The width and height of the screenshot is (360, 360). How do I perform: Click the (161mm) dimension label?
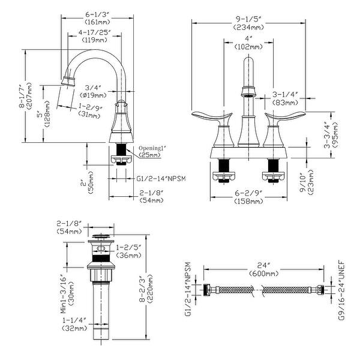[x=97, y=22]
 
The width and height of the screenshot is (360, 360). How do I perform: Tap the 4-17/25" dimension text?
[x=95, y=32]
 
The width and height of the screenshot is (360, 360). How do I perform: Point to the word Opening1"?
[x=152, y=148]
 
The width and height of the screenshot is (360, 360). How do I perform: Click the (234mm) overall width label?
[x=248, y=27]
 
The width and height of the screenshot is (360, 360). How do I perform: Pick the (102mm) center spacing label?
[x=248, y=47]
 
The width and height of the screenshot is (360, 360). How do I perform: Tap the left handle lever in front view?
[x=212, y=116]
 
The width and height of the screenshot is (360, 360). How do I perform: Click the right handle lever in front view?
[x=285, y=116]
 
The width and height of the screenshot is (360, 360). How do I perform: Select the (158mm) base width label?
[x=248, y=202]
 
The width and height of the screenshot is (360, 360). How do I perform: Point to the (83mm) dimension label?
[x=285, y=103]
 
